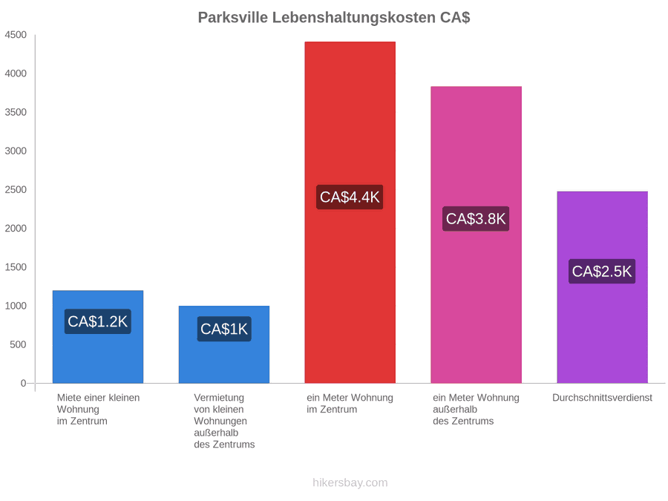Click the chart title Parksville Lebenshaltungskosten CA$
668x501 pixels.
tap(334, 18)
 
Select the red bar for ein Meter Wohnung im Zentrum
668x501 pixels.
tap(350, 212)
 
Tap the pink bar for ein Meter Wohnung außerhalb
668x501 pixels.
tap(477, 235)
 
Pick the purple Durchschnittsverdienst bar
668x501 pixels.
tap(603, 287)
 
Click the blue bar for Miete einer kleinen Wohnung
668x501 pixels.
tap(98, 336)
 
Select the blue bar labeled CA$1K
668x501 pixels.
tap(224, 344)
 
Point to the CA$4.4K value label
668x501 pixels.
tap(350, 197)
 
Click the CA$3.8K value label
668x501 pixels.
tap(476, 219)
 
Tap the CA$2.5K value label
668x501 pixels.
tap(602, 272)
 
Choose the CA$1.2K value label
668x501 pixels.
tap(97, 321)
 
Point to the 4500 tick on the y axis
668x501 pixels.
tap(16, 35)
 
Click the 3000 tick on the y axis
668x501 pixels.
tap(16, 151)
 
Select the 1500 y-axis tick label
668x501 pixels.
tap(16, 267)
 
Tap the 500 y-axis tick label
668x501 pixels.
tap(19, 344)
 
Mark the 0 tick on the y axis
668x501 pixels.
tap(24, 383)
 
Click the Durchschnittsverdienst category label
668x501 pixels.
tap(603, 398)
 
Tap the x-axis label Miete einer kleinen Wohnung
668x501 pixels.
tap(99, 410)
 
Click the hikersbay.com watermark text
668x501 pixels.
tap(350, 482)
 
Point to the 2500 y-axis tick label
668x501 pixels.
tap(16, 189)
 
